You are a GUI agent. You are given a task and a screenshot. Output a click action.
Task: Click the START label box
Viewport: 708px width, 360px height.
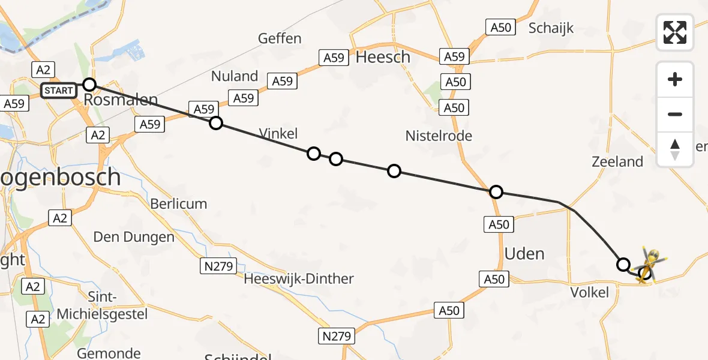[59, 91]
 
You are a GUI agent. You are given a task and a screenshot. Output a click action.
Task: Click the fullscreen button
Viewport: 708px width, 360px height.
[675, 32]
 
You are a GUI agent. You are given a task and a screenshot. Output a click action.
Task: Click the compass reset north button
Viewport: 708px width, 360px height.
[675, 149]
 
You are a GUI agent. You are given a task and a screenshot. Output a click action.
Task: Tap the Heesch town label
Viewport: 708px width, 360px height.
[383, 57]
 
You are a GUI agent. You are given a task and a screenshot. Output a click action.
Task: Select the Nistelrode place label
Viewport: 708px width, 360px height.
[439, 136]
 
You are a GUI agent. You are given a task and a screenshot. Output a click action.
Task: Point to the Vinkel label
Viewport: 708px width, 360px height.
[279, 133]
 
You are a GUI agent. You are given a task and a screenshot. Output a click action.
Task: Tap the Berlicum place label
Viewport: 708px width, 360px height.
[178, 204]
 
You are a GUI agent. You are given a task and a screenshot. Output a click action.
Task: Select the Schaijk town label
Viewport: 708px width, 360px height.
[551, 28]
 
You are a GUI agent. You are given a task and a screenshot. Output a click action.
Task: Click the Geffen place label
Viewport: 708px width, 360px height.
[280, 38]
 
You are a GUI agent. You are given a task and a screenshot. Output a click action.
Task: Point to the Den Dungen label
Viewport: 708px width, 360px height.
[134, 237]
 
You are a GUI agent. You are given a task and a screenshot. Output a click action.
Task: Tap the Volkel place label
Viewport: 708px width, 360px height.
[590, 292]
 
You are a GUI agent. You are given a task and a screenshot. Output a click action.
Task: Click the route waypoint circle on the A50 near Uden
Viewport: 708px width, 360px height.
[496, 192]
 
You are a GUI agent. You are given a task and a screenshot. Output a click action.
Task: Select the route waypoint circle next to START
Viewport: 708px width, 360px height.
[89, 84]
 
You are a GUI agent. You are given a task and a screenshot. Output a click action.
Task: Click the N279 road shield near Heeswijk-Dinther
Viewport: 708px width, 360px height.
[218, 265]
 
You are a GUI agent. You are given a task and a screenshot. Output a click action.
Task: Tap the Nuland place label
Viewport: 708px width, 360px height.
[235, 76]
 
